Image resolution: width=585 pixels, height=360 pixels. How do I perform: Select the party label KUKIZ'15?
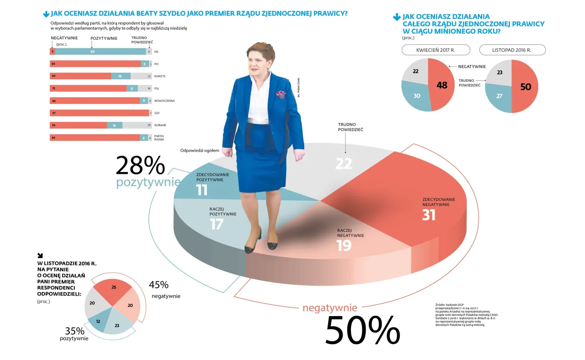coord(160,76)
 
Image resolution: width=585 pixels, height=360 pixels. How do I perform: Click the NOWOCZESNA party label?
coord(164,101)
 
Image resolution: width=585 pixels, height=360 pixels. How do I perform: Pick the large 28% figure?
coord(140,166)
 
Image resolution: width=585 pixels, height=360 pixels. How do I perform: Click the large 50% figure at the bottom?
coord(362,330)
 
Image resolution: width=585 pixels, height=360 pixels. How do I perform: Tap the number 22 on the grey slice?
coord(343,164)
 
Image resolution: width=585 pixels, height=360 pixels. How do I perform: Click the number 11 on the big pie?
coord(202,190)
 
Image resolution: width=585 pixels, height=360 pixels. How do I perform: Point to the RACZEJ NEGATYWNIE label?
coord(351,233)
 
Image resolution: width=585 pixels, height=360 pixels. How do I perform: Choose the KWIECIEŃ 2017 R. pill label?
coord(436,50)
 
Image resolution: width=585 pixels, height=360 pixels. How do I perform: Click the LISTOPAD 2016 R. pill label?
coord(512,50)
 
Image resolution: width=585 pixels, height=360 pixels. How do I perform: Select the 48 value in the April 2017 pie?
coord(442,85)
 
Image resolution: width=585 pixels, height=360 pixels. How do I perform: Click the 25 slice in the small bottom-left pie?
coord(114,287)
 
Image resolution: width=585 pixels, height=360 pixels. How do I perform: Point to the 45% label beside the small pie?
coord(159,285)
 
